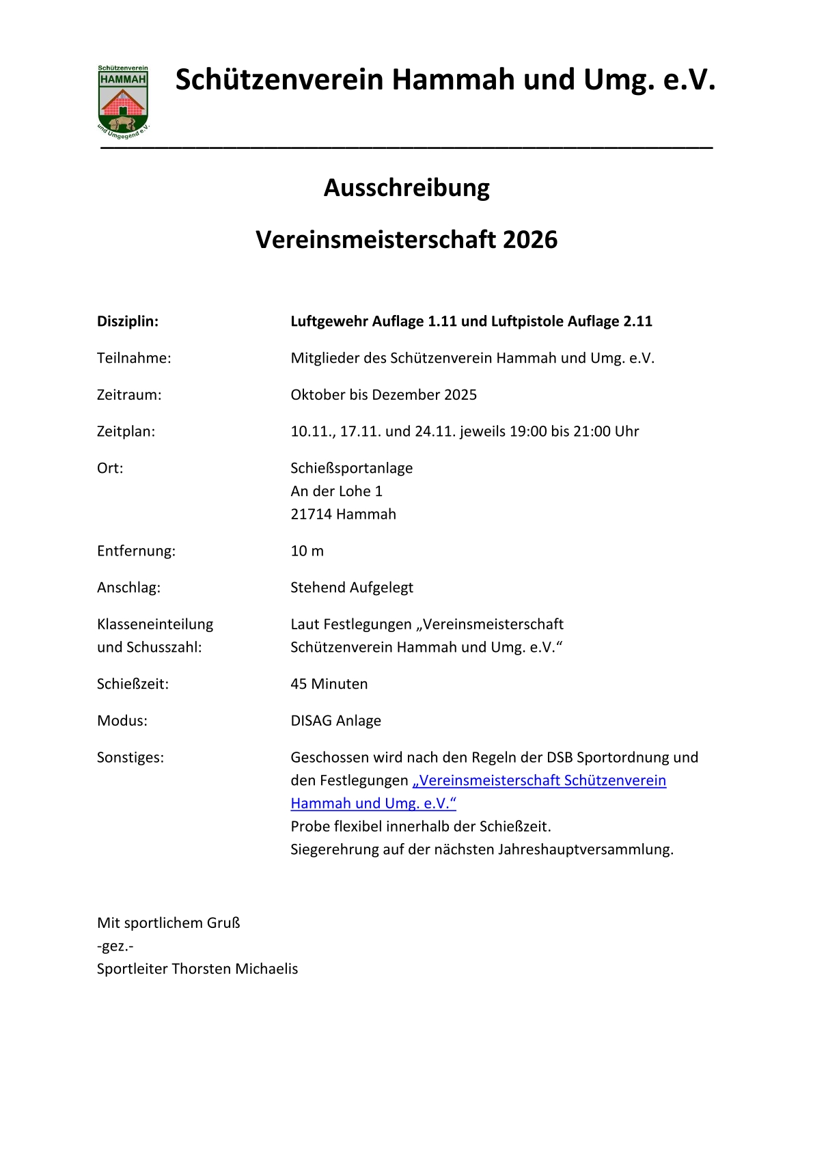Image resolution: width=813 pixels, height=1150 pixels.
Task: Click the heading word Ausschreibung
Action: point(406,188)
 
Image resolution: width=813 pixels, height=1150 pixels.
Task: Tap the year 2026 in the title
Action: point(530,240)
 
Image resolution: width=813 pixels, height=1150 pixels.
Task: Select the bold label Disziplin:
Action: point(128,321)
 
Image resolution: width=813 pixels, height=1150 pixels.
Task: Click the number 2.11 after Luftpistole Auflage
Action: point(637,321)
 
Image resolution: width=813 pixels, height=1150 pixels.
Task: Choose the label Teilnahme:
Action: point(134,358)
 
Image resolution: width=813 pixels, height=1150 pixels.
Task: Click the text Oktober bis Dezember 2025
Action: point(383,395)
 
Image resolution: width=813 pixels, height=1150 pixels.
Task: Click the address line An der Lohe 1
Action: point(336,491)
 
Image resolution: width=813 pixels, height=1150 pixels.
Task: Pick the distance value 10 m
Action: point(307,551)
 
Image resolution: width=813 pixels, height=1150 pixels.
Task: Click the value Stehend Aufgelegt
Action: point(352,588)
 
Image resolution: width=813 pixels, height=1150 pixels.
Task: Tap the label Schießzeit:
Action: point(133,684)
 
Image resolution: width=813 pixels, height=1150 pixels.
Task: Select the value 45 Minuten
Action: point(329,684)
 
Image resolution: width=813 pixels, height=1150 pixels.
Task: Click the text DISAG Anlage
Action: point(335,721)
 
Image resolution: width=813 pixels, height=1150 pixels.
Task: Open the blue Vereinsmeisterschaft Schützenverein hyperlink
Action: point(539,780)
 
